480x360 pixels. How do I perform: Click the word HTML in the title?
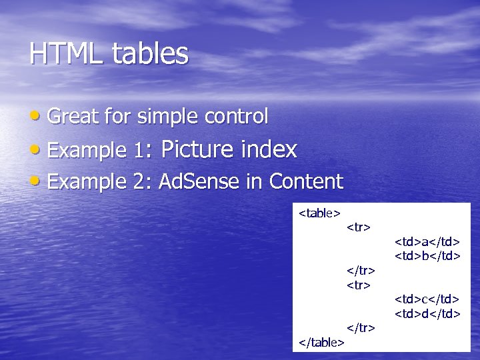[x=61, y=54]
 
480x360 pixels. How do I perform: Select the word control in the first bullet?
[x=237, y=117]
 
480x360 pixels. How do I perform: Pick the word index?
[x=269, y=149]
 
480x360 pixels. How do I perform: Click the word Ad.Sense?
[x=200, y=181]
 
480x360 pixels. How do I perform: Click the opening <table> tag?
[x=319, y=213]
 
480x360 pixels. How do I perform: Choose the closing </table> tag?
[x=321, y=342]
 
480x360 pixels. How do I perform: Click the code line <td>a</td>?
[x=427, y=241]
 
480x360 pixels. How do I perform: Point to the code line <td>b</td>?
[x=427, y=255]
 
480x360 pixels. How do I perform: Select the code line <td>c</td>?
[x=427, y=299]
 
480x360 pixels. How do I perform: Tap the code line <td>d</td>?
[x=427, y=313]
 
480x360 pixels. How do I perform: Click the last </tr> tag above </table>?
[x=361, y=327]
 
